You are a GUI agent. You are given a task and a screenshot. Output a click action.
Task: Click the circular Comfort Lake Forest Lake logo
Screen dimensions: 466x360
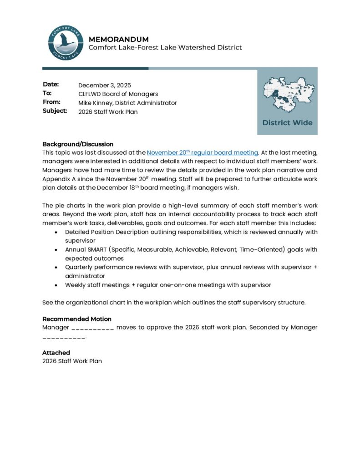(x=65, y=43)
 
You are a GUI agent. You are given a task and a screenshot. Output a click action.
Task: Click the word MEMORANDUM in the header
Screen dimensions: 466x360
(x=118, y=39)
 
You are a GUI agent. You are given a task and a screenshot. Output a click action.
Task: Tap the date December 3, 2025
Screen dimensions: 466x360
(x=105, y=85)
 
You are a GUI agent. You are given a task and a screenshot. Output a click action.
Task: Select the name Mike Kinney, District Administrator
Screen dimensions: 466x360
(x=127, y=103)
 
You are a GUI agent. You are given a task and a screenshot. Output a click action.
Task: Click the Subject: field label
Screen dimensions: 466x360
(x=55, y=111)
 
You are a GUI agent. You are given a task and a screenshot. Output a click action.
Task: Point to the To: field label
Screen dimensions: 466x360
(x=47, y=93)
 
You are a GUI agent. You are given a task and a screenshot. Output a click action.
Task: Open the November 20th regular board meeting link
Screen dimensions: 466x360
(x=203, y=152)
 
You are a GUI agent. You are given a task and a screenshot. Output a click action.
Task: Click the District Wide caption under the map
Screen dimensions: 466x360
(x=287, y=122)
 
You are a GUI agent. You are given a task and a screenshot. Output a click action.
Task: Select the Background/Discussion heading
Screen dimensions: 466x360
(x=78, y=144)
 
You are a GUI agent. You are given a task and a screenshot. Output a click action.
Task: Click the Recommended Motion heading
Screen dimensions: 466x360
(x=77, y=319)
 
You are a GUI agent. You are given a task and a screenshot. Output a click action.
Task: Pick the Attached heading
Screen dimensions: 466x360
(x=56, y=353)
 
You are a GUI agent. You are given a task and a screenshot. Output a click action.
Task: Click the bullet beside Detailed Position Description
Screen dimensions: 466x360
(x=56, y=232)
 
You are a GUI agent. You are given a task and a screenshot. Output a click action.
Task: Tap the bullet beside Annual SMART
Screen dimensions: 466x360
(x=56, y=250)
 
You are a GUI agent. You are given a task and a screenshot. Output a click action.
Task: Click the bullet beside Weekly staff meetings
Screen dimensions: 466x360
(x=56, y=285)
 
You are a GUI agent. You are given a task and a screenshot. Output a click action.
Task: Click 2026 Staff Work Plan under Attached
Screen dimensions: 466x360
(x=72, y=361)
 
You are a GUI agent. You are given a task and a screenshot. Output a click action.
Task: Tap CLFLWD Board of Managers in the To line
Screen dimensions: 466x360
(x=118, y=94)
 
